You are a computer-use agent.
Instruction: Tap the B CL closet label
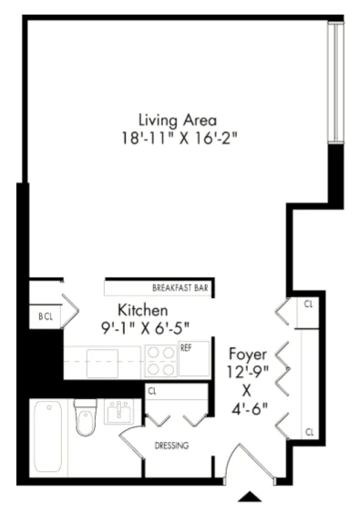point(44,316)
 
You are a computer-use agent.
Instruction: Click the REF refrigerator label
point(186,347)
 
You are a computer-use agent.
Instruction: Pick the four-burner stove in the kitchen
point(161,361)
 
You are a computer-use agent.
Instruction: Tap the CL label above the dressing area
point(152,392)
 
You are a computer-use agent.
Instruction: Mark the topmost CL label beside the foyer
point(308,303)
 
